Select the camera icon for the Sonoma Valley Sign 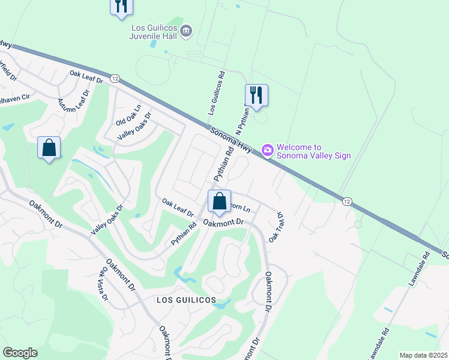tap(268, 149)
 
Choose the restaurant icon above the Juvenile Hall tap(121, 6)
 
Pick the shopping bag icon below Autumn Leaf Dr tap(49, 148)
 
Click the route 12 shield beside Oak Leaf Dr tap(115, 79)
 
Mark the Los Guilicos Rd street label tap(216, 93)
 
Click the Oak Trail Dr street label tap(276, 226)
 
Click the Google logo tap(20, 353)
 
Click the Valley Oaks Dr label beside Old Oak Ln tap(134, 127)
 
